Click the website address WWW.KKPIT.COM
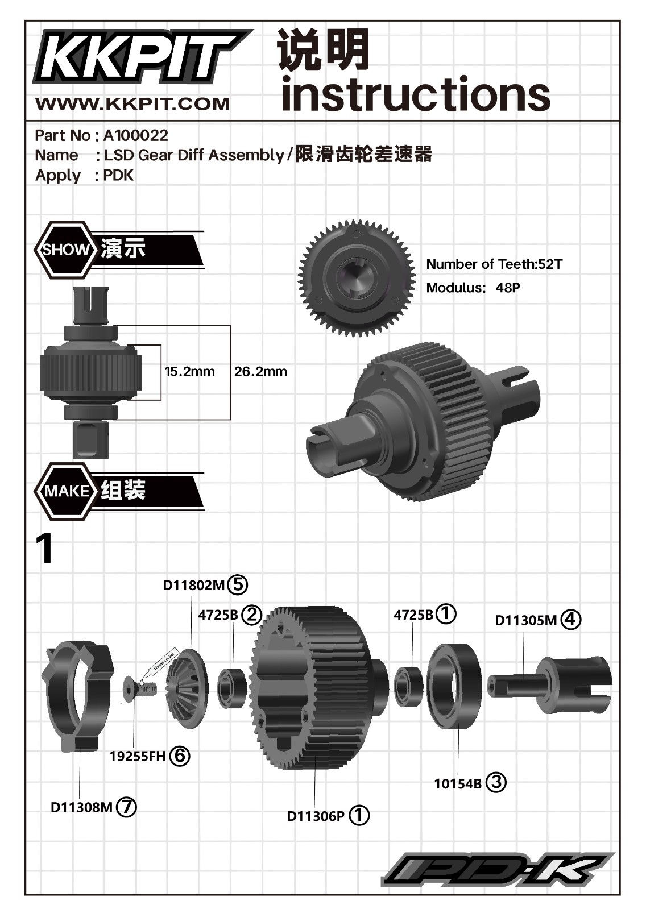coord(132,104)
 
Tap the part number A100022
coord(135,135)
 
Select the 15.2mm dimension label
coord(189,372)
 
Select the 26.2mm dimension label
coord(260,372)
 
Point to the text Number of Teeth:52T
coord(494,264)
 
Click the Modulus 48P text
coord(473,288)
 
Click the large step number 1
coord(44,549)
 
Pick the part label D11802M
coord(194,585)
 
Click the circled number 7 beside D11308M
coord(126,807)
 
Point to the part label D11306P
coord(316,816)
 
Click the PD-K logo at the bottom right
coord(497,870)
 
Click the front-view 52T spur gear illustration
coord(357,279)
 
